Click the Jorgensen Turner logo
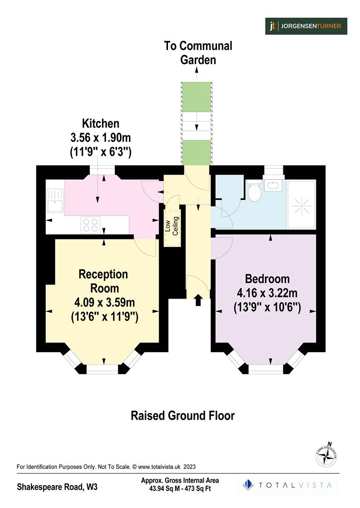point(306,26)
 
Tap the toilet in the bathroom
point(255,193)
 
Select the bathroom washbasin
point(272,185)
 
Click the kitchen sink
point(55,200)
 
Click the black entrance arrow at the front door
point(198,300)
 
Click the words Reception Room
point(103,281)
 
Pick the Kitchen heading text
point(101,124)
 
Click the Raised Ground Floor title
point(182,416)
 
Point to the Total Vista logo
point(287,485)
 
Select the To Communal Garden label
point(198,53)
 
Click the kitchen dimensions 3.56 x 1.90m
point(101,138)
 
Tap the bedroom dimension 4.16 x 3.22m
point(267,294)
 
